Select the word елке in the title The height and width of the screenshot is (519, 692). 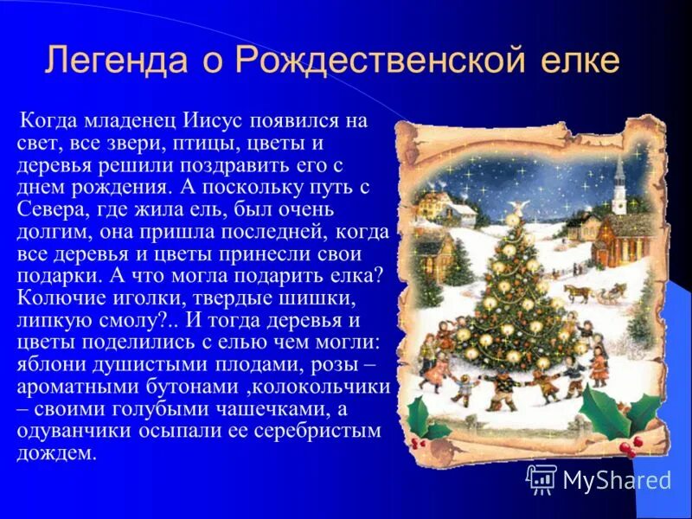click(582, 61)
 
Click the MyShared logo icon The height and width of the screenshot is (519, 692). click(541, 478)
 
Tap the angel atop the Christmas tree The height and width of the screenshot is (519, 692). click(518, 208)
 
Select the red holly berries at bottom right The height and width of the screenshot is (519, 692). click(628, 445)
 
